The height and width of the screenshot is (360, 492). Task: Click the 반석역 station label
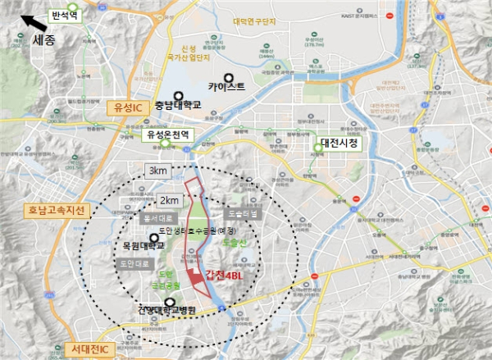pos(61,15)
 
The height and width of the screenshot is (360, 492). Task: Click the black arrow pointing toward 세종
pos(31,23)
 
